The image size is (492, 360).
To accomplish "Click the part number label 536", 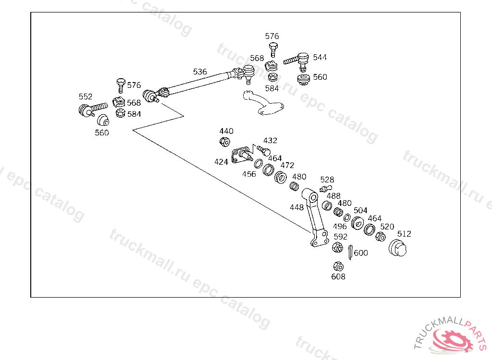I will pyautogui.click(x=200, y=72).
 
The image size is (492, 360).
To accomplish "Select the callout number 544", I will pyautogui.click(x=320, y=57).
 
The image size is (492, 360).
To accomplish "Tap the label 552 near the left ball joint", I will pyautogui.click(x=85, y=96).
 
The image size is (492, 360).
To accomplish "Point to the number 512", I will pyautogui.click(x=404, y=234).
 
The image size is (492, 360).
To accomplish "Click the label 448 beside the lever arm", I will pyautogui.click(x=296, y=207).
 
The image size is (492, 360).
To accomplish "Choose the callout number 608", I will pyautogui.click(x=338, y=276).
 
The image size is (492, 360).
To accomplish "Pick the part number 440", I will pyautogui.click(x=226, y=131).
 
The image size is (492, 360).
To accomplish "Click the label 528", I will pyautogui.click(x=327, y=180).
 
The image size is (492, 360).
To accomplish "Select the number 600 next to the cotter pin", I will pyautogui.click(x=361, y=253).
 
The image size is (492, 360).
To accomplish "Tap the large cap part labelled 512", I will pyautogui.click(x=397, y=248).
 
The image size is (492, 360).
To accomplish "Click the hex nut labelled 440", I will pyautogui.click(x=224, y=142).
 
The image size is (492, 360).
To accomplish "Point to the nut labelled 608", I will pyautogui.click(x=338, y=266).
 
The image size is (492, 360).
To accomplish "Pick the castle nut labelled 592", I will pyautogui.click(x=337, y=248).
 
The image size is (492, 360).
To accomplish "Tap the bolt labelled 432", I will pyautogui.click(x=262, y=150).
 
